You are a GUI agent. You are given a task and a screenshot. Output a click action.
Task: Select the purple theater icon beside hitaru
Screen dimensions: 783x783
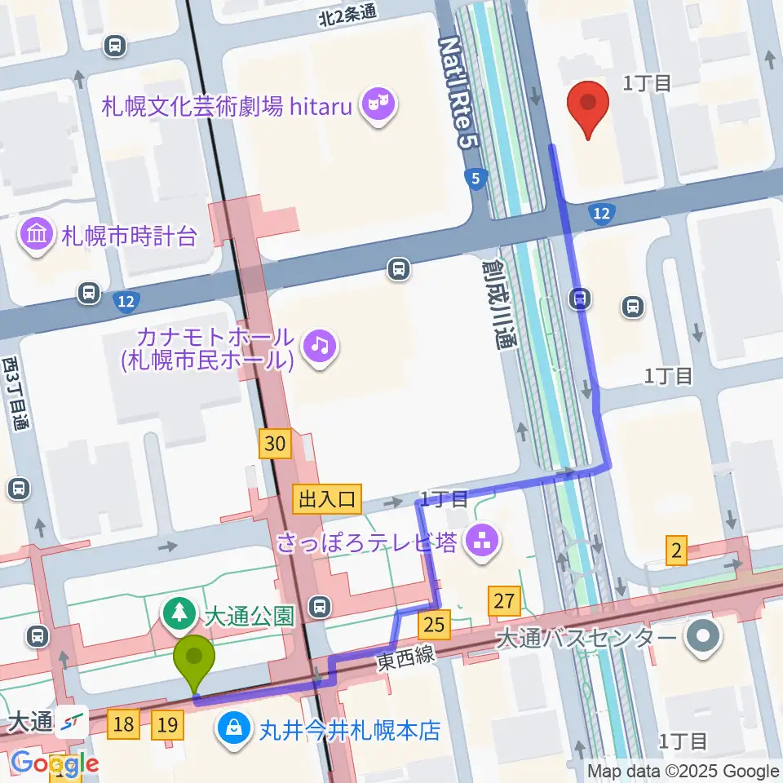point(380,104)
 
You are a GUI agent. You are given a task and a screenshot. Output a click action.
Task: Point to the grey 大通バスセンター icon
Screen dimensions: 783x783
point(701,636)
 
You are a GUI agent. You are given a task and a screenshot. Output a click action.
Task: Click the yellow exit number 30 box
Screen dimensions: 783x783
point(276,443)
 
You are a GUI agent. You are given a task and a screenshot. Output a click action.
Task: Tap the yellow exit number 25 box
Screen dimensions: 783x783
point(434,626)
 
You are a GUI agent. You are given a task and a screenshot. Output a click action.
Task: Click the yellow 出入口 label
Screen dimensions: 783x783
point(328,499)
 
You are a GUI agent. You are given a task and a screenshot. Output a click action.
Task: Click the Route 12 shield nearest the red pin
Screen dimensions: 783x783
point(601,214)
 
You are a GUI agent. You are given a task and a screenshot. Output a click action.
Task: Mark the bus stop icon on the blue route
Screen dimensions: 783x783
point(579,299)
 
